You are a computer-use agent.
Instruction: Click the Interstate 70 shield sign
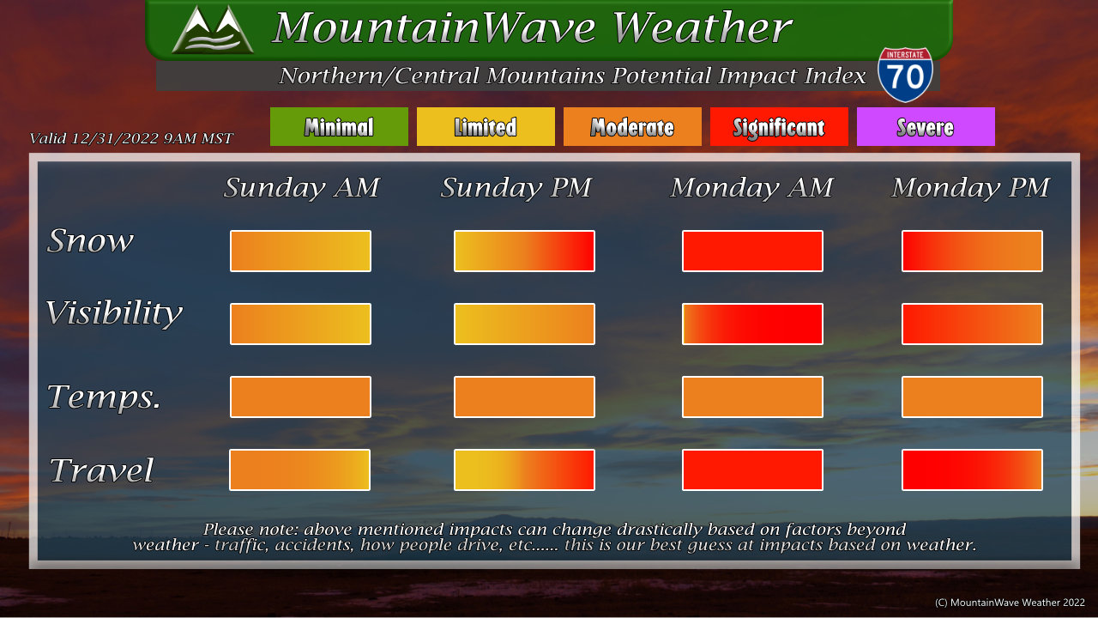[x=905, y=75]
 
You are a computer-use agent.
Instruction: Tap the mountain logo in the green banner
[x=213, y=29]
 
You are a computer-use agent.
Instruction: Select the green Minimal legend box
[x=339, y=126]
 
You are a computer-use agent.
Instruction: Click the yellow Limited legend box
[x=486, y=126]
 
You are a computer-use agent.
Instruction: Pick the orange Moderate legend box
[x=632, y=126]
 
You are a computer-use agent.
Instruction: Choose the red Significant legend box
[x=779, y=126]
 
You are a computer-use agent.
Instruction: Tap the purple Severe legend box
[x=926, y=126]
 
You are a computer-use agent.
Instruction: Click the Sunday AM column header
[x=301, y=188]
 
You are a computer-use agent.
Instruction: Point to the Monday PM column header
[x=970, y=188]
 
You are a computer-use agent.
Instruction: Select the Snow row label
[x=90, y=241]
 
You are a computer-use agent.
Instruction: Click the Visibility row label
[x=114, y=313]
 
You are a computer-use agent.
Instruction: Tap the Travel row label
[x=101, y=470]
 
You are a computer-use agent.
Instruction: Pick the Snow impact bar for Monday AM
[x=752, y=251]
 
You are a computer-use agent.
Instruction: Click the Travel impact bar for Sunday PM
[x=524, y=470]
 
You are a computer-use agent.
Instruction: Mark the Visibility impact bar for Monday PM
[x=972, y=324]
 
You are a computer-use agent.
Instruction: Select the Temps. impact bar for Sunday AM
[x=300, y=397]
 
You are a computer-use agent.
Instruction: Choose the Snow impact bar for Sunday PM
[x=524, y=251]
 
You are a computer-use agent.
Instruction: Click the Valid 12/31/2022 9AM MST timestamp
[x=131, y=138]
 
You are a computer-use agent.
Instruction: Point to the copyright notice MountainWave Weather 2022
[x=1010, y=603]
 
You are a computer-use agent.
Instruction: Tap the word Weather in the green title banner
[x=702, y=27]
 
